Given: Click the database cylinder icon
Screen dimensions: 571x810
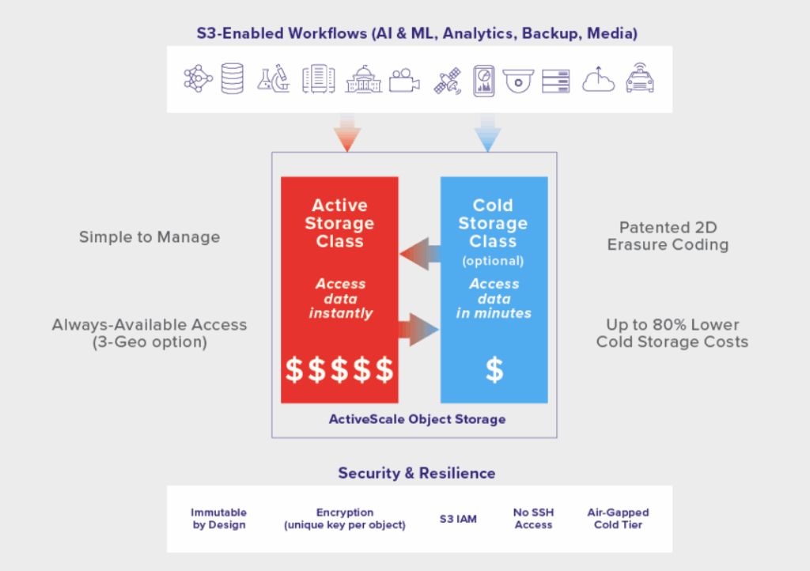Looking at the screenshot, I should (233, 79).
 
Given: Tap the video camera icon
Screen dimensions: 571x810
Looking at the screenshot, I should (404, 81).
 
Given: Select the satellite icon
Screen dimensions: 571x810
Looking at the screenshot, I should (447, 81).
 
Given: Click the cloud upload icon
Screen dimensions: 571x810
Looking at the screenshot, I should (598, 80).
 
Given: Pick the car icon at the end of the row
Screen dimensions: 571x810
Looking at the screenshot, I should (640, 80).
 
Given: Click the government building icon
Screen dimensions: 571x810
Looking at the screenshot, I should (363, 80).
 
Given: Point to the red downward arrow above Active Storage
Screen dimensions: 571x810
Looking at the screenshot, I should (346, 132).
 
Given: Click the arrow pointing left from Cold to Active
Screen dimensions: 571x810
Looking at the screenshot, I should (419, 254).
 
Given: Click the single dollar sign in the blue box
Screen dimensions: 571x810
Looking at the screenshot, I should (494, 369).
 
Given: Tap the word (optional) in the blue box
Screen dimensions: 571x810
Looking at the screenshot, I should (493, 260).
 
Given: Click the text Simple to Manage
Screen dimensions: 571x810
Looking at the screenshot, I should (150, 236).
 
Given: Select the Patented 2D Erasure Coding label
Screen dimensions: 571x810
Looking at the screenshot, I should (668, 236).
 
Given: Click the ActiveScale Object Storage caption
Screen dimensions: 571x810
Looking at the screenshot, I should (417, 418).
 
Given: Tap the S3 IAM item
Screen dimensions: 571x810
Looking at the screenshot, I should (458, 520).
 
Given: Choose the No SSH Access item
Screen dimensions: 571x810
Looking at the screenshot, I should (533, 519).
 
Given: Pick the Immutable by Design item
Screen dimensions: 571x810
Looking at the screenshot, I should (219, 519).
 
